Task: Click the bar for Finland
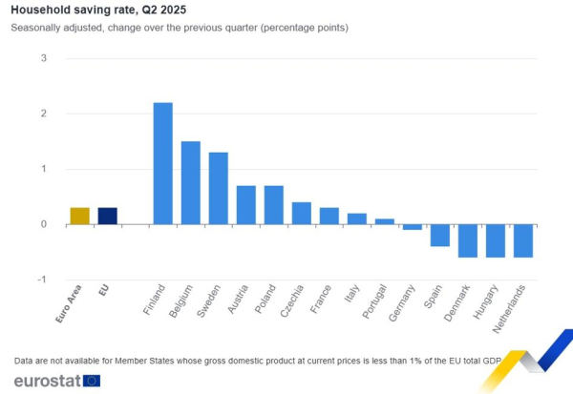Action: [163, 163]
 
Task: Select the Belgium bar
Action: [191, 182]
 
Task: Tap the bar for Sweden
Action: [219, 188]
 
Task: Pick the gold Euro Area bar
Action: [80, 216]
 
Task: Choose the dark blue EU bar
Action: [108, 216]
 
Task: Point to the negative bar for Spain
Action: [439, 236]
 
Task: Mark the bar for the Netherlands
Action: [522, 240]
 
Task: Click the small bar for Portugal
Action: [384, 221]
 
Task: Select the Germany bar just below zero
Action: [412, 227]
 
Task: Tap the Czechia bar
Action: [301, 213]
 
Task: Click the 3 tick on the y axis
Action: [43, 58]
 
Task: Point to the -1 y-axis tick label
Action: [41, 280]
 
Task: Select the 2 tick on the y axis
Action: [43, 114]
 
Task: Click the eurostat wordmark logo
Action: [45, 381]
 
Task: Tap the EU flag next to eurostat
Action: [92, 381]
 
